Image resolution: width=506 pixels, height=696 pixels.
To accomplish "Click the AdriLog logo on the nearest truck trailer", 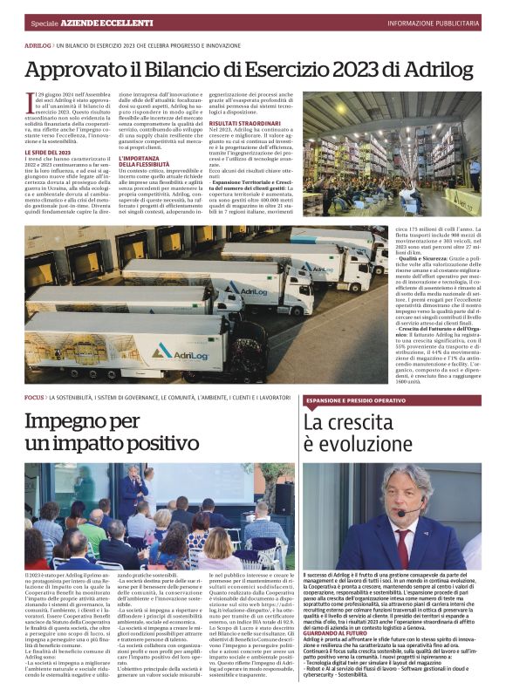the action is (182, 351).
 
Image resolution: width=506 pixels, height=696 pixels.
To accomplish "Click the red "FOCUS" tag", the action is (34, 397).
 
